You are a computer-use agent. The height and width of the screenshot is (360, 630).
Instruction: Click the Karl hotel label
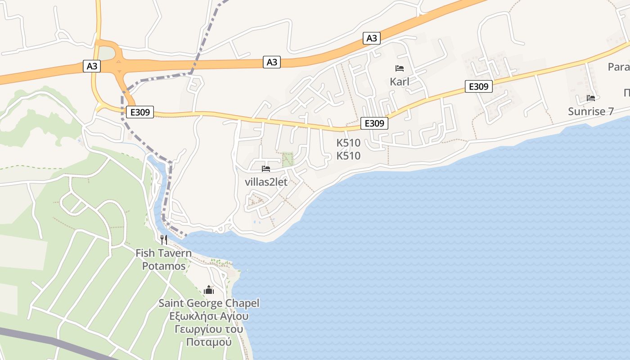coord(400,82)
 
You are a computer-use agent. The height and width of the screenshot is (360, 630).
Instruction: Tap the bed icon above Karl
coord(400,68)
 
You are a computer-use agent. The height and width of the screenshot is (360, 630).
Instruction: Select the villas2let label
coord(266,182)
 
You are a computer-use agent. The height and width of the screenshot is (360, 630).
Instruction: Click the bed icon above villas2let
coord(266,169)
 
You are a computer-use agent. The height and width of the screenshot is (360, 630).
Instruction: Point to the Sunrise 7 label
coord(590,111)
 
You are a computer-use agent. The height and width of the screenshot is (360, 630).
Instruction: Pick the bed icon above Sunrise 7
coord(591,98)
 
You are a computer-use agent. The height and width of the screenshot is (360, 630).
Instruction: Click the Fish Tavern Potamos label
coord(164,260)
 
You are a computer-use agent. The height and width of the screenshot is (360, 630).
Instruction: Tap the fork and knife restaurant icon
coord(164,239)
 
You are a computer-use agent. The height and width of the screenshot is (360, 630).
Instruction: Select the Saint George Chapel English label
coord(209,303)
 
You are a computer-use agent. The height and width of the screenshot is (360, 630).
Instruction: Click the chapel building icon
coord(209,290)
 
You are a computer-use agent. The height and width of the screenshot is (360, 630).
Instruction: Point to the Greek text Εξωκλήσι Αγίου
coord(209,316)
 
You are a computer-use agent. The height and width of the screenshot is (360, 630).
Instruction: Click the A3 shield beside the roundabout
coord(92,66)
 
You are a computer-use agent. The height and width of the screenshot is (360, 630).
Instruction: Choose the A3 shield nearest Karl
coord(372,38)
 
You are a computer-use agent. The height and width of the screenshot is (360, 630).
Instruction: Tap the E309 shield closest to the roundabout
coord(140,112)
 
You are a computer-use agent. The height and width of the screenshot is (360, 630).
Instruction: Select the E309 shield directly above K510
coord(374,123)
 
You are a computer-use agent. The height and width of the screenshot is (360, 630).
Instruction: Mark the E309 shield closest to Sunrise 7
coord(478,86)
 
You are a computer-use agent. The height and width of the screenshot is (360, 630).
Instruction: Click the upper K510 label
coord(349,143)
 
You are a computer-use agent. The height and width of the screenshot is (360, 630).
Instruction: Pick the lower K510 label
coord(349,156)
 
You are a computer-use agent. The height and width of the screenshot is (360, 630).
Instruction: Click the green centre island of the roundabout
coord(107,54)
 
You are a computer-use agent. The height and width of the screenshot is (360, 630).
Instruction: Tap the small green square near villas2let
coord(288,159)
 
